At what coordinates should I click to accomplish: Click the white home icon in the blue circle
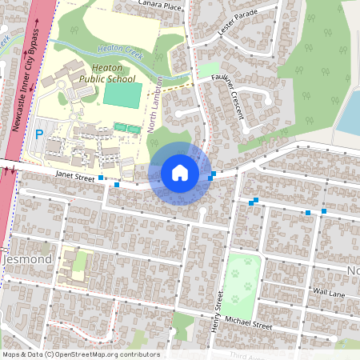click(x=180, y=173)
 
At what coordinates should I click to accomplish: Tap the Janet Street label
click(x=75, y=174)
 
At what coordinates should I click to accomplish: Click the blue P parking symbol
click(x=39, y=132)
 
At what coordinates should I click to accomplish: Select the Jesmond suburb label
click(x=28, y=260)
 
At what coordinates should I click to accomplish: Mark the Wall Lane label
click(x=329, y=294)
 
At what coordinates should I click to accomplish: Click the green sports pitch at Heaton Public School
click(x=122, y=94)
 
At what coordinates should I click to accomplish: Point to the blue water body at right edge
click(x=350, y=112)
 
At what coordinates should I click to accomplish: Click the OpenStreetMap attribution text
click(x=80, y=354)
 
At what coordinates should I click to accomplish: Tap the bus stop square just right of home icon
click(x=211, y=176)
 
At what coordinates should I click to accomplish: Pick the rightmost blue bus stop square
click(x=324, y=211)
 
